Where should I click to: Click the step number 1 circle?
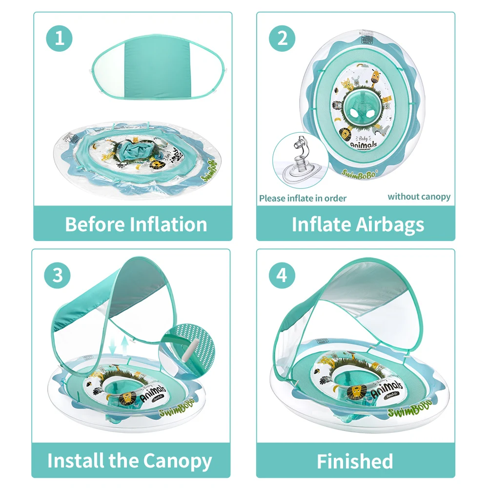click(60, 38)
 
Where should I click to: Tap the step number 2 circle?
click(283, 38)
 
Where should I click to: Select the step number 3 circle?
click(58, 275)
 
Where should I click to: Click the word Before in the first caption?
click(95, 224)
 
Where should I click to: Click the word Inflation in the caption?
click(168, 224)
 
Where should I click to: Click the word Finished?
click(355, 461)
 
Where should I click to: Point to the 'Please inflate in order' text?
click(303, 198)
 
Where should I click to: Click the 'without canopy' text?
click(419, 197)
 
